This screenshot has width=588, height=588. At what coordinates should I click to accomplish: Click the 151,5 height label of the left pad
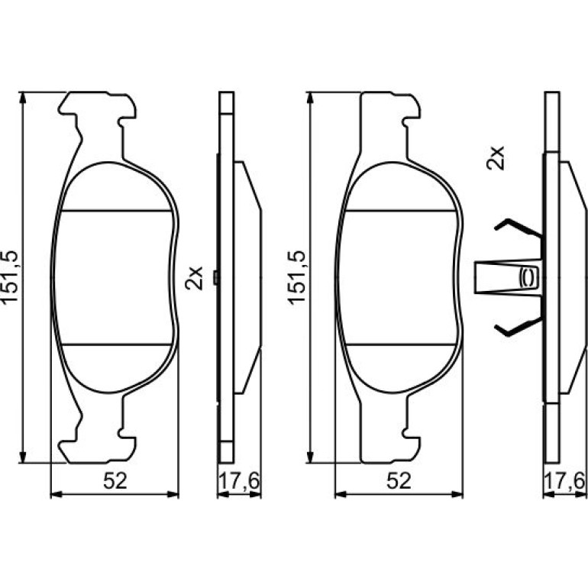click(10, 277)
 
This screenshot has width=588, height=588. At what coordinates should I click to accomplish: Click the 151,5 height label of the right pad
click(296, 277)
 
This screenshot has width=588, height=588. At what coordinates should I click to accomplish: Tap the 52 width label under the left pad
click(115, 481)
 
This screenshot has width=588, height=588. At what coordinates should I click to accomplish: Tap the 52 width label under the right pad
click(399, 481)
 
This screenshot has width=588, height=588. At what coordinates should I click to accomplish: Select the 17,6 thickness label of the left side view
click(239, 482)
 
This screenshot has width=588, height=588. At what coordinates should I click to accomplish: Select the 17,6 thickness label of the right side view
click(564, 482)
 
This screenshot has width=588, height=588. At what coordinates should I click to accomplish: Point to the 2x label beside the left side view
click(194, 278)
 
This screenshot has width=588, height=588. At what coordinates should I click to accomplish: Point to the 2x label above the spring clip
click(496, 158)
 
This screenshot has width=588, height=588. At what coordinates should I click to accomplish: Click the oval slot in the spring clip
click(528, 277)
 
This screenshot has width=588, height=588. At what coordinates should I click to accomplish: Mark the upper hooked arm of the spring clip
click(519, 228)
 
